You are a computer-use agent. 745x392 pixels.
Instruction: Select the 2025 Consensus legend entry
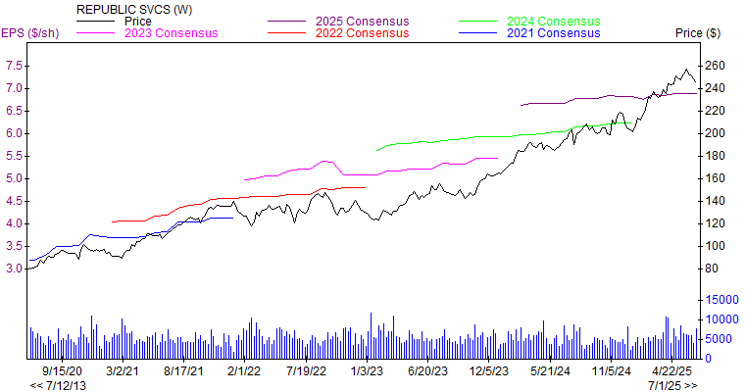(x=362, y=21)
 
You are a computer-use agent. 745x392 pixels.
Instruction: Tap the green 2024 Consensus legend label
(x=554, y=21)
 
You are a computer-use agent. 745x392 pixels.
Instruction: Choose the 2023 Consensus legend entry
(x=171, y=32)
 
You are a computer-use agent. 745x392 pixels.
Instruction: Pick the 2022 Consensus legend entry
(x=362, y=32)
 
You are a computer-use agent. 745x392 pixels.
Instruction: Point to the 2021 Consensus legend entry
(x=554, y=32)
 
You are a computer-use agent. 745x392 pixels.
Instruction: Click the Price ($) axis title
(x=698, y=32)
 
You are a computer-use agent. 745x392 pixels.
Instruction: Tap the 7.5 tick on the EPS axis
(x=16, y=66)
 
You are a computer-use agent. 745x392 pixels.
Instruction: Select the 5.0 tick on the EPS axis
(x=16, y=178)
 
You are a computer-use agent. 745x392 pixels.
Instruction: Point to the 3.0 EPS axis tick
(x=16, y=269)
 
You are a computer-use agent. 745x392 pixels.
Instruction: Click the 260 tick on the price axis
(x=713, y=66)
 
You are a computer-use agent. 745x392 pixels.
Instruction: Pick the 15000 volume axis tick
(x=720, y=299)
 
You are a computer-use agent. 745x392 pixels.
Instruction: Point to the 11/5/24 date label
(x=611, y=371)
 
